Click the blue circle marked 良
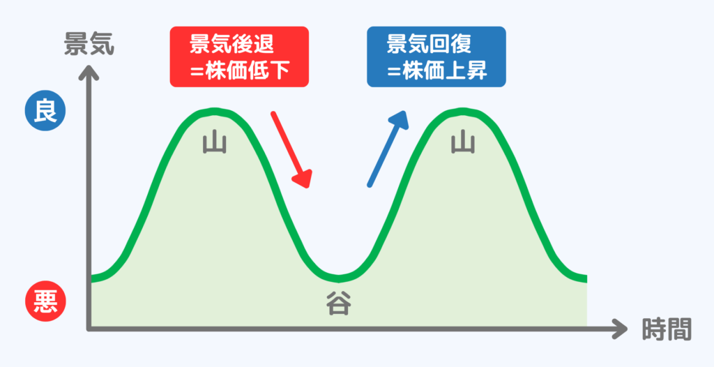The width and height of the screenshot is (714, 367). (x=45, y=112)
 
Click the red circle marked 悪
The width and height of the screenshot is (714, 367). (x=45, y=301)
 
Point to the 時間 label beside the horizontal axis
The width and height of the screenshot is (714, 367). (x=667, y=328)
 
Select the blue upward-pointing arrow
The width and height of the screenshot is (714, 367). (x=387, y=148)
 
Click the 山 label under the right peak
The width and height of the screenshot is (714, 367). (x=462, y=143)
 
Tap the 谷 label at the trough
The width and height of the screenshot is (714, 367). (x=340, y=304)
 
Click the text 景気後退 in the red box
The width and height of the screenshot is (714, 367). (x=232, y=44)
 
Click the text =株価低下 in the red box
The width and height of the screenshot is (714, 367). (x=238, y=70)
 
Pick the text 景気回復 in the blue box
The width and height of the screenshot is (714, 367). (x=430, y=44)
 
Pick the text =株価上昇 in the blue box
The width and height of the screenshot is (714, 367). (x=436, y=70)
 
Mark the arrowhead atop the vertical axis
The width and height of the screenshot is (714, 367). (x=88, y=70)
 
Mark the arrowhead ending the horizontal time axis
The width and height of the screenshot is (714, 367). (x=619, y=327)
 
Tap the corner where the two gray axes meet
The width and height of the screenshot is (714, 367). (x=89, y=327)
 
